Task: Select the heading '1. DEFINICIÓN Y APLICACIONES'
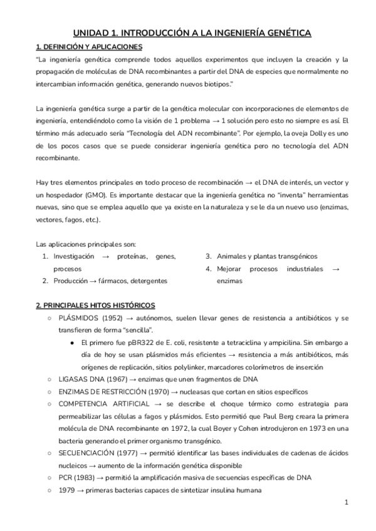click(89, 47)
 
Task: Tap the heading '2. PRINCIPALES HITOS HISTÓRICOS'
click(95, 305)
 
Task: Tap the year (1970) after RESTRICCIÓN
click(151, 392)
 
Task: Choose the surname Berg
click(286, 416)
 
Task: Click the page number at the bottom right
click(347, 503)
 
